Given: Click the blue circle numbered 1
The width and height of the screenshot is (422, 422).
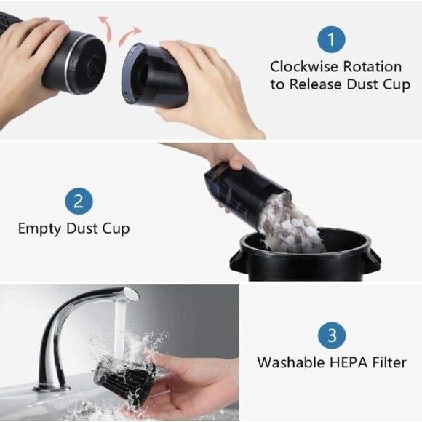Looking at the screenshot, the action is tap(331, 39).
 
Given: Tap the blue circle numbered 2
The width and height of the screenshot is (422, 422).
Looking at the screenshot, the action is tap(79, 202).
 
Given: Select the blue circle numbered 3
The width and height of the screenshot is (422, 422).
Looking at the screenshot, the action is tap(332, 335).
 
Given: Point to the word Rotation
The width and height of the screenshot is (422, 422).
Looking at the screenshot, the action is tap(373, 67).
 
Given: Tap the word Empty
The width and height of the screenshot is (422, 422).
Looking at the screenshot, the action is tap(39, 229).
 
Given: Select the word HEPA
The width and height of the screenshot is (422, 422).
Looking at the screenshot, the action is tap(349, 362).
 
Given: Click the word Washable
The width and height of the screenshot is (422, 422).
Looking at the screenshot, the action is tap(291, 362).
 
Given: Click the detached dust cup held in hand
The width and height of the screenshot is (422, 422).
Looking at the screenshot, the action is tap(156, 76).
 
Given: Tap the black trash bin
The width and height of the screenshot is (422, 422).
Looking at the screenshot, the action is tap(305, 255).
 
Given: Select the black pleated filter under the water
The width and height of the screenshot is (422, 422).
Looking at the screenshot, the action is tap(124, 380).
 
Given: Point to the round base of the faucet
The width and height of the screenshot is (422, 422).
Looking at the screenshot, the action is tap(52, 389).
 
